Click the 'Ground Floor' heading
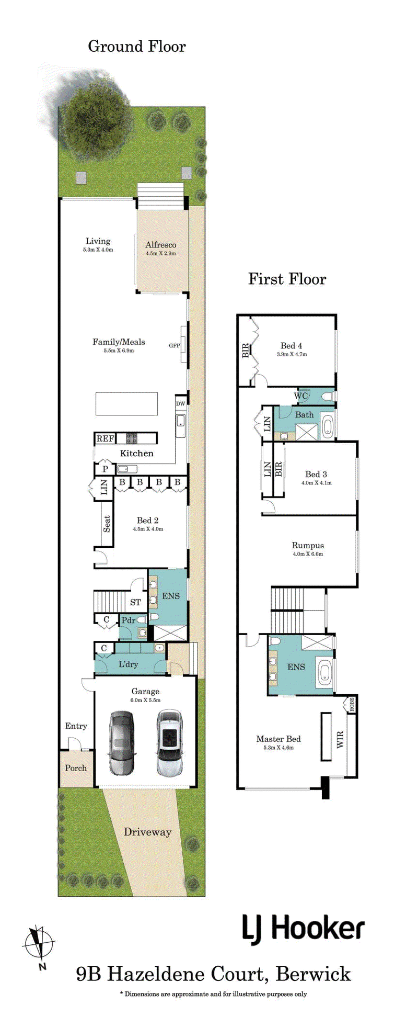137,46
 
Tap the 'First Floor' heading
287,279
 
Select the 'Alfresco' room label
161,244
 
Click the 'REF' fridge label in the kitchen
105,438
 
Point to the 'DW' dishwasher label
180,403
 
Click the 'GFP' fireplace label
175,345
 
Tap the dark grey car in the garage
121,743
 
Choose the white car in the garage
169,743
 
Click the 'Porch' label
76,768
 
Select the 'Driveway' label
147,832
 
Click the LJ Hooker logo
303,929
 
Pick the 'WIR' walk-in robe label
341,739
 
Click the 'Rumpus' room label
308,545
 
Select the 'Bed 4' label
291,346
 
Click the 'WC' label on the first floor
301,396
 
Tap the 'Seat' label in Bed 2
107,524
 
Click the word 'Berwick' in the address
313,974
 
